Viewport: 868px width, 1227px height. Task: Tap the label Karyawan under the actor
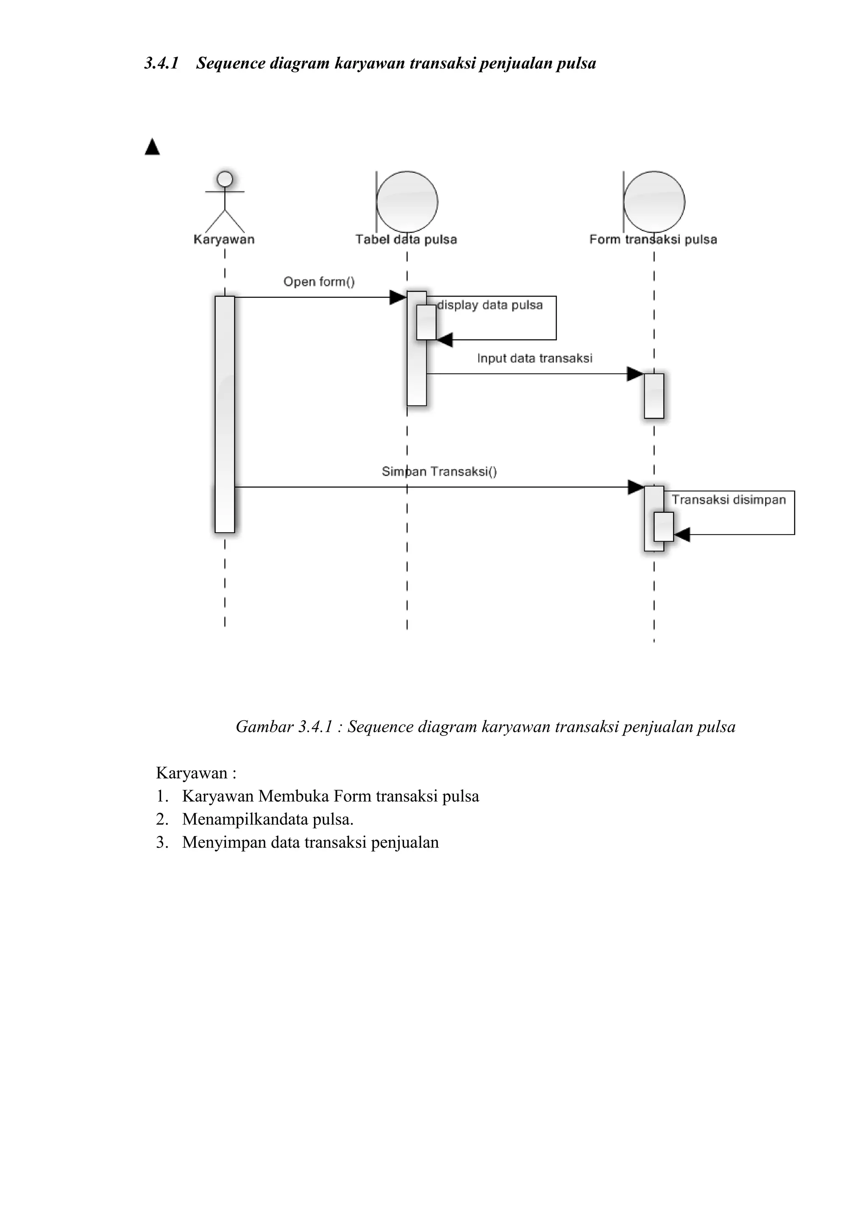(x=224, y=239)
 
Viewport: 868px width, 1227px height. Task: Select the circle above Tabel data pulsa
(x=407, y=202)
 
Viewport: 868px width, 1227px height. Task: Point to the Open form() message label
(x=319, y=282)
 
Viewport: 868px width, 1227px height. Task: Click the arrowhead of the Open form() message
(x=398, y=297)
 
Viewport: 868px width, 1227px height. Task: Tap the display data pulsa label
(x=490, y=305)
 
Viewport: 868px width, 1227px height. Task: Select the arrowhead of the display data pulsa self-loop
(x=445, y=339)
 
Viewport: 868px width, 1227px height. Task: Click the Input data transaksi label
(x=534, y=358)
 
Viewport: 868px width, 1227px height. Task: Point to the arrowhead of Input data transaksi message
(x=635, y=374)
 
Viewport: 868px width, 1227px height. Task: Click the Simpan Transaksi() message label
(x=440, y=471)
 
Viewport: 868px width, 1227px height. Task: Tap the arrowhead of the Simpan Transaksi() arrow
(x=635, y=487)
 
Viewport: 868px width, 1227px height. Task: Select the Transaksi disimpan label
(x=729, y=500)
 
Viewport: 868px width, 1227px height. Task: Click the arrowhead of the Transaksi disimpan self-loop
(x=682, y=534)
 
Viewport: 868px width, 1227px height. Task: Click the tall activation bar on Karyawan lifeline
(x=225, y=414)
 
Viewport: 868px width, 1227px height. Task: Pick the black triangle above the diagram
(x=152, y=147)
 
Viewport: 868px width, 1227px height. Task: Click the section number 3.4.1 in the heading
(x=161, y=63)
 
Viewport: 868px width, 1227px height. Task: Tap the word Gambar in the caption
(x=264, y=727)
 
